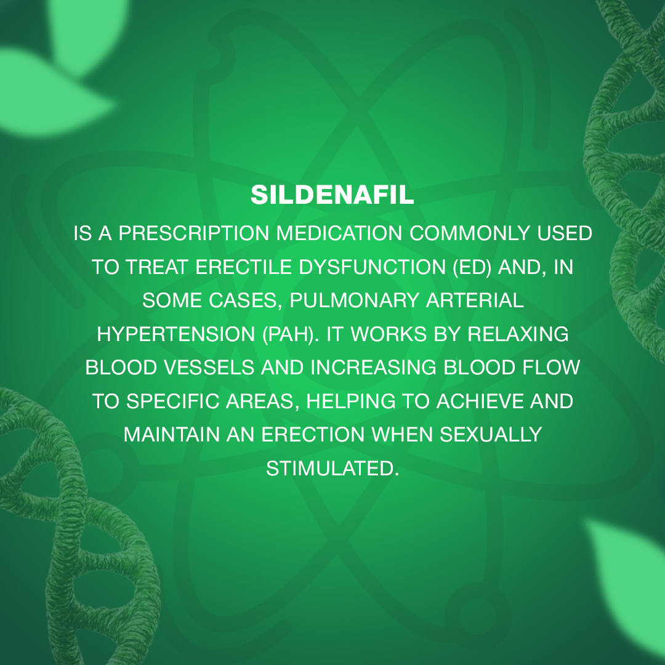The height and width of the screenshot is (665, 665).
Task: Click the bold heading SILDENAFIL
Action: tap(332, 195)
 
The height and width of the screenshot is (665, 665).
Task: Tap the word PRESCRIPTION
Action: tap(194, 233)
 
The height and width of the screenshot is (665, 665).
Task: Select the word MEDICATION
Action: tap(339, 233)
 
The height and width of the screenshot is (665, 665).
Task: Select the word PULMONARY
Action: tap(355, 300)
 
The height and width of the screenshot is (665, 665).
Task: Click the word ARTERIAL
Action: tap(475, 300)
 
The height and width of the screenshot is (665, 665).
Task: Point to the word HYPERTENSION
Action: tap(176, 334)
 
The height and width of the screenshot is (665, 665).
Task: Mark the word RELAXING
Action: tap(518, 334)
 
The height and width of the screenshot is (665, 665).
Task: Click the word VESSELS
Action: tap(209, 368)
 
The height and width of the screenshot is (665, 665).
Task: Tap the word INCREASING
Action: tap(374, 368)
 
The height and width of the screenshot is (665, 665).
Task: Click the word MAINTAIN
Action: tap(171, 435)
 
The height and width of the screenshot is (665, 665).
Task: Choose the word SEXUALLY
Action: tap(491, 435)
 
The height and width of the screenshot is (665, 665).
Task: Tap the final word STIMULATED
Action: tap(332, 469)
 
